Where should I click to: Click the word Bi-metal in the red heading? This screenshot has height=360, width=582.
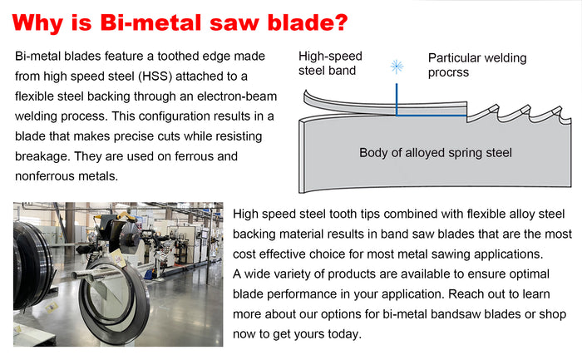tap(151, 22)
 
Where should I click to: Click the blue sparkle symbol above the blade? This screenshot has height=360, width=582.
tap(397, 67)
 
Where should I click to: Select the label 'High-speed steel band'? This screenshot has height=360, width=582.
tap(330, 63)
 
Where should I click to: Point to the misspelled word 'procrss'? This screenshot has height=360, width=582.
tap(448, 72)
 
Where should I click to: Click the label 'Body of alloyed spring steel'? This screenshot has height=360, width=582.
tap(436, 152)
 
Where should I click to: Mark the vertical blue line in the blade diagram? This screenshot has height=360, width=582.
tap(397, 100)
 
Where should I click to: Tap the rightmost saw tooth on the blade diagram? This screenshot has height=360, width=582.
tap(560, 113)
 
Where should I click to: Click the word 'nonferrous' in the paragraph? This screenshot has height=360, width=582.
tap(42, 176)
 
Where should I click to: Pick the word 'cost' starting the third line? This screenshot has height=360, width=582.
tap(244, 254)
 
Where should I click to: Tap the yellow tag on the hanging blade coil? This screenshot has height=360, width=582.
tap(117, 258)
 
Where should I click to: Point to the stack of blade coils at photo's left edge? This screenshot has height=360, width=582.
tap(32, 265)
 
